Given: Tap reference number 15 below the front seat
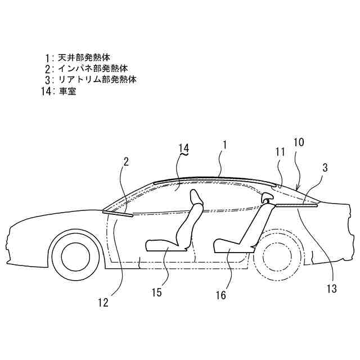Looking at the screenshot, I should point(157,291).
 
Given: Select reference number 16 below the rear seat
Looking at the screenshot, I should point(222,295).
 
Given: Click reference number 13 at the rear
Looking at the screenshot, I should point(331,289).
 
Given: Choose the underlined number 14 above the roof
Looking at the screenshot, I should point(184,148).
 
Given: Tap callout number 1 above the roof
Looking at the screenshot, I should point(224,145).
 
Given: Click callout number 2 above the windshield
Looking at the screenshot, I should point(126,162).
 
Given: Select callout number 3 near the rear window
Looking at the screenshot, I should point(326,167).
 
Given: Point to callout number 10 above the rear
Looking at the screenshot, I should point(299,142).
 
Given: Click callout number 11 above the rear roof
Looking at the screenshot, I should point(280,151).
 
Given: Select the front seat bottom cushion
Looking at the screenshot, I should point(163,244).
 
